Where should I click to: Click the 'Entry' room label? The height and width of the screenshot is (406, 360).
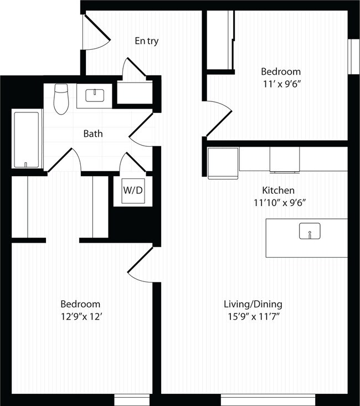(x=147, y=41)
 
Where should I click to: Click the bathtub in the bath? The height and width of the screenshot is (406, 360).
(x=27, y=139)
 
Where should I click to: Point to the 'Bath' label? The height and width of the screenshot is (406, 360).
(x=92, y=133)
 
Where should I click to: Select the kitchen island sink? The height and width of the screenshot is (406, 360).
(x=310, y=232)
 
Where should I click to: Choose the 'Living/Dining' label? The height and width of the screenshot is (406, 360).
(x=253, y=304)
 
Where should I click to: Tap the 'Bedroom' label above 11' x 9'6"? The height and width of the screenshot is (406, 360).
(x=281, y=71)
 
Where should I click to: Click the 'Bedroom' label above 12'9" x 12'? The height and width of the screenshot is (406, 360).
(x=80, y=304)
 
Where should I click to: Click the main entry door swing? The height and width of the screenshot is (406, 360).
(x=95, y=33)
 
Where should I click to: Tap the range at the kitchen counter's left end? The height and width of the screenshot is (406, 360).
(x=223, y=162)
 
